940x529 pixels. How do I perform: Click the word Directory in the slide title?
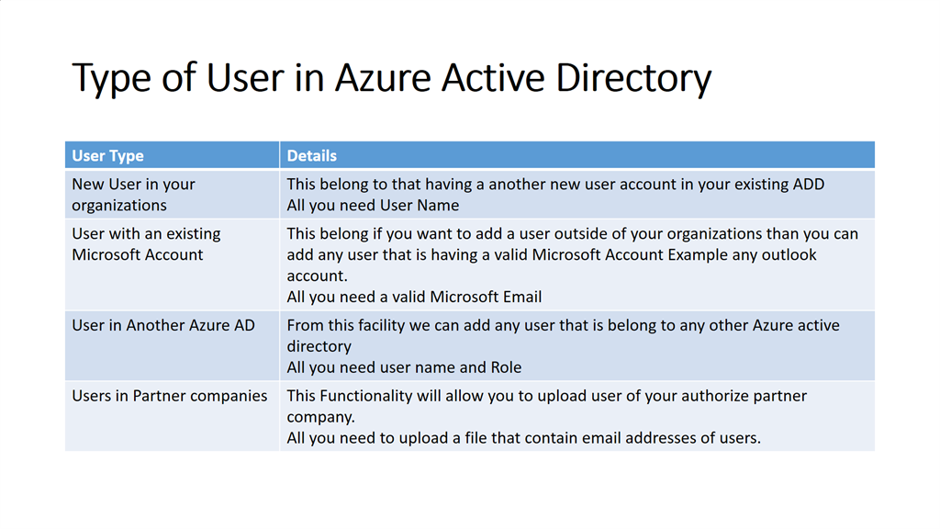(x=633, y=78)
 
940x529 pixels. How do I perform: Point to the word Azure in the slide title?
(x=383, y=77)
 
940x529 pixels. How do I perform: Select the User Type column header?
(x=108, y=156)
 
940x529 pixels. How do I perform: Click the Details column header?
(x=312, y=156)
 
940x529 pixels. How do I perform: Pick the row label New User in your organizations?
(x=134, y=195)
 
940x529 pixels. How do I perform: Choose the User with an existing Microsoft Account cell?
(x=146, y=244)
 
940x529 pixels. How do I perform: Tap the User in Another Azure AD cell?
(x=163, y=325)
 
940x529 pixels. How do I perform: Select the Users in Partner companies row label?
(x=170, y=396)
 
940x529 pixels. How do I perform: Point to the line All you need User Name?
(x=373, y=205)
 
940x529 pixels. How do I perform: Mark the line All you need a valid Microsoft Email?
(x=414, y=297)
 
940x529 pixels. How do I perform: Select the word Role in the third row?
(x=506, y=367)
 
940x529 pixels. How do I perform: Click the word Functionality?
(x=365, y=396)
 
